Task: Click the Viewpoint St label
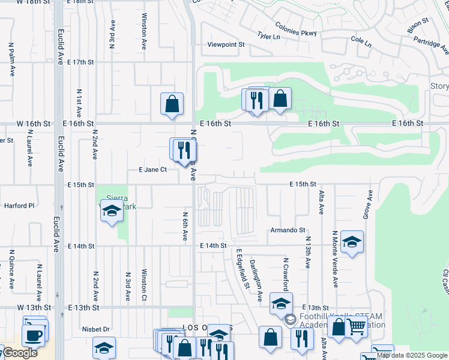click(226, 44)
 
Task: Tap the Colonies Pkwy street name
click(295, 28)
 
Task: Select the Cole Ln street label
click(361, 42)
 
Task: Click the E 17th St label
click(81, 62)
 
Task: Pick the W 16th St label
click(34, 123)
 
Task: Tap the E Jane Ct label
click(152, 170)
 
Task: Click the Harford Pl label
click(20, 206)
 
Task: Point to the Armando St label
click(288, 230)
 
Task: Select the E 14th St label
click(213, 245)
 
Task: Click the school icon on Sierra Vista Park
click(112, 211)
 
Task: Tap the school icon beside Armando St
click(352, 242)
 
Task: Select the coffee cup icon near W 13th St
click(34, 334)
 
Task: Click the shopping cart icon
click(356, 328)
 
